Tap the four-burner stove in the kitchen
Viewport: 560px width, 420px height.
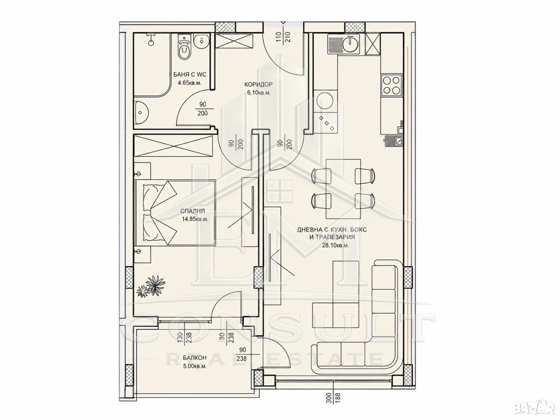coord(392,85)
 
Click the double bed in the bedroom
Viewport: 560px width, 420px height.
coord(175,213)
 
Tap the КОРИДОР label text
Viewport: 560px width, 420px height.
coord(259,84)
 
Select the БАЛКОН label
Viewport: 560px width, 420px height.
coord(195,358)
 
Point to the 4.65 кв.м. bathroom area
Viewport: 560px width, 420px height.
coord(189,83)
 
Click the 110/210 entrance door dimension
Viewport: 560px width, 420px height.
coord(283,38)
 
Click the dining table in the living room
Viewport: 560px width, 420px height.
coord(343,189)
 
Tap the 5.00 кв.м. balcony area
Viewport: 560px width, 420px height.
coord(195,367)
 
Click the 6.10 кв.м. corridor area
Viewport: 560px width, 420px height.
coord(259,93)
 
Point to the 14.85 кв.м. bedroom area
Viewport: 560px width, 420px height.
coord(195,219)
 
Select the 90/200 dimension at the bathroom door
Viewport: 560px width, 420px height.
coord(203,108)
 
